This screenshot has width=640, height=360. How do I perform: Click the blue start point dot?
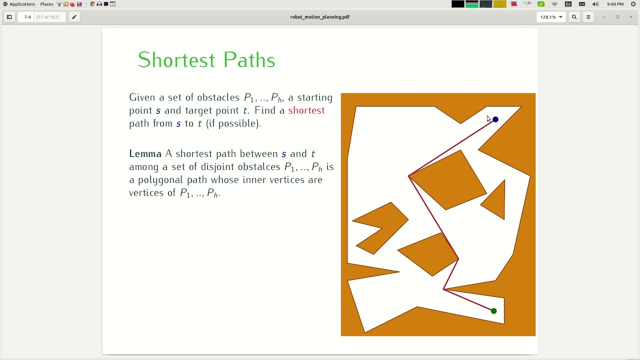[x=495, y=119]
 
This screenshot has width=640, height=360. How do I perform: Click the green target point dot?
[x=493, y=311]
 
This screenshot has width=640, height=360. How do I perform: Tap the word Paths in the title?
[x=249, y=60]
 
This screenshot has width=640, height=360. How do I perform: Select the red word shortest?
[x=306, y=110]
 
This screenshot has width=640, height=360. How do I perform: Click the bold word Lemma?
[x=145, y=154]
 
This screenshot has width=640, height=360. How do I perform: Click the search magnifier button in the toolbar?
[x=574, y=17]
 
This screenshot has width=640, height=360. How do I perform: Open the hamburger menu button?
[x=588, y=17]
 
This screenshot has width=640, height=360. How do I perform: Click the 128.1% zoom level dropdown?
[x=551, y=17]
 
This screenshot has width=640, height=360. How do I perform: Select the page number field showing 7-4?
[x=27, y=17]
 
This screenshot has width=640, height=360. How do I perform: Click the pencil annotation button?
[x=74, y=17]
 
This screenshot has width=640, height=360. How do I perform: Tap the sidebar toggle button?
[x=9, y=17]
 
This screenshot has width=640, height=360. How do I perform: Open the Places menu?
[x=46, y=4]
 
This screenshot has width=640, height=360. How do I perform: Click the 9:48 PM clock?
[x=615, y=4]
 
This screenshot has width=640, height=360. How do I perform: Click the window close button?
[x=631, y=17]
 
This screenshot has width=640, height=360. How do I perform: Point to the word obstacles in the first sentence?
[x=218, y=97]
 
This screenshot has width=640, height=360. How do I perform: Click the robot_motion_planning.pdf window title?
[x=320, y=17]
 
